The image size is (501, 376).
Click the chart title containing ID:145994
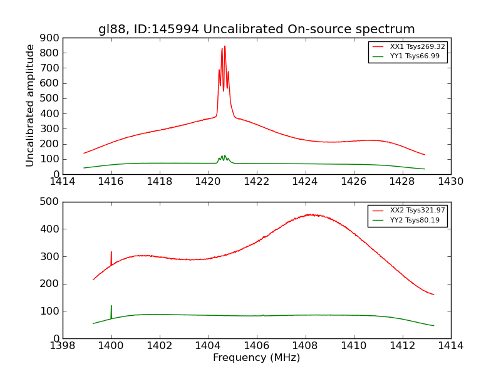(x=256, y=29)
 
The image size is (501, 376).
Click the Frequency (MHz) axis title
(x=256, y=358)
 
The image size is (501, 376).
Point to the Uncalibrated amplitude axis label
(x=30, y=105)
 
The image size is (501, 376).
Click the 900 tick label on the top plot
(x=50, y=38)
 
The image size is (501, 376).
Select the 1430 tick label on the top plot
(x=450, y=182)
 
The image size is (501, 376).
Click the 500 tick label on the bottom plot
(x=50, y=202)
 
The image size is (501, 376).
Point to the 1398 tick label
(x=63, y=345)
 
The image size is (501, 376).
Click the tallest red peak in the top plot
(x=225, y=46)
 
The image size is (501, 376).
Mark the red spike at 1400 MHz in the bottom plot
(x=111, y=253)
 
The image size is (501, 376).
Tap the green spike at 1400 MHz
(x=111, y=306)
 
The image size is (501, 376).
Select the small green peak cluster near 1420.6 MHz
(x=223, y=157)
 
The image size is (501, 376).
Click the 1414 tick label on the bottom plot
(x=450, y=345)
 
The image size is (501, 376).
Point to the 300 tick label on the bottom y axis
(x=50, y=256)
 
